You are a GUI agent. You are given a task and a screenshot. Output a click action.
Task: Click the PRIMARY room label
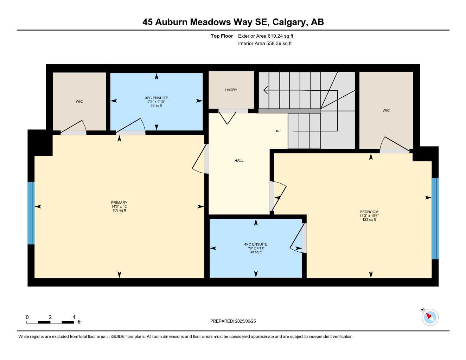tap(119, 202)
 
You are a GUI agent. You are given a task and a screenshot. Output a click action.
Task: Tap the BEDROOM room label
tap(369, 212)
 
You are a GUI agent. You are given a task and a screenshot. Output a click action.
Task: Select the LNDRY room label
tap(231, 90)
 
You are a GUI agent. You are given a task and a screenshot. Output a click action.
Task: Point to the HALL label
tap(239, 161)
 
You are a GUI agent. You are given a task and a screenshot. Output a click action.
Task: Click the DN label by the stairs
tap(277, 131)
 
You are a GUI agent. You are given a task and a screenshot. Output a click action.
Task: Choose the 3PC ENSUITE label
tap(156, 98)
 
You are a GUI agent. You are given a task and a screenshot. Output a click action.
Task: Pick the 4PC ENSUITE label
tap(256, 244)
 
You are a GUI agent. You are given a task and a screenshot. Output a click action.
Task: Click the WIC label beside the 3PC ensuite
tap(79, 102)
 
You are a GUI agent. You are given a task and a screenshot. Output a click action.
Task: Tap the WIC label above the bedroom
tap(386, 110)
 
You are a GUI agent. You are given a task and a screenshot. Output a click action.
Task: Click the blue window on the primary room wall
tap(31, 213)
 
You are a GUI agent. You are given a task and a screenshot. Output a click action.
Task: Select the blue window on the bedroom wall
tap(435, 218)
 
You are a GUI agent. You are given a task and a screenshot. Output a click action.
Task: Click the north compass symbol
tap(430, 317)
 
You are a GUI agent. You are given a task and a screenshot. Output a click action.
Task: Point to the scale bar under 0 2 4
tap(50, 322)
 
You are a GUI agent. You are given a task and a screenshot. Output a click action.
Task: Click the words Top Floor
tap(222, 36)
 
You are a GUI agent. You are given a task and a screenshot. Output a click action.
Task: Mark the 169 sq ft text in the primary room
tap(119, 210)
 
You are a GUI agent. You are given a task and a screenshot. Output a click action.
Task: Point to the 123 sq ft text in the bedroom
tap(369, 219)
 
